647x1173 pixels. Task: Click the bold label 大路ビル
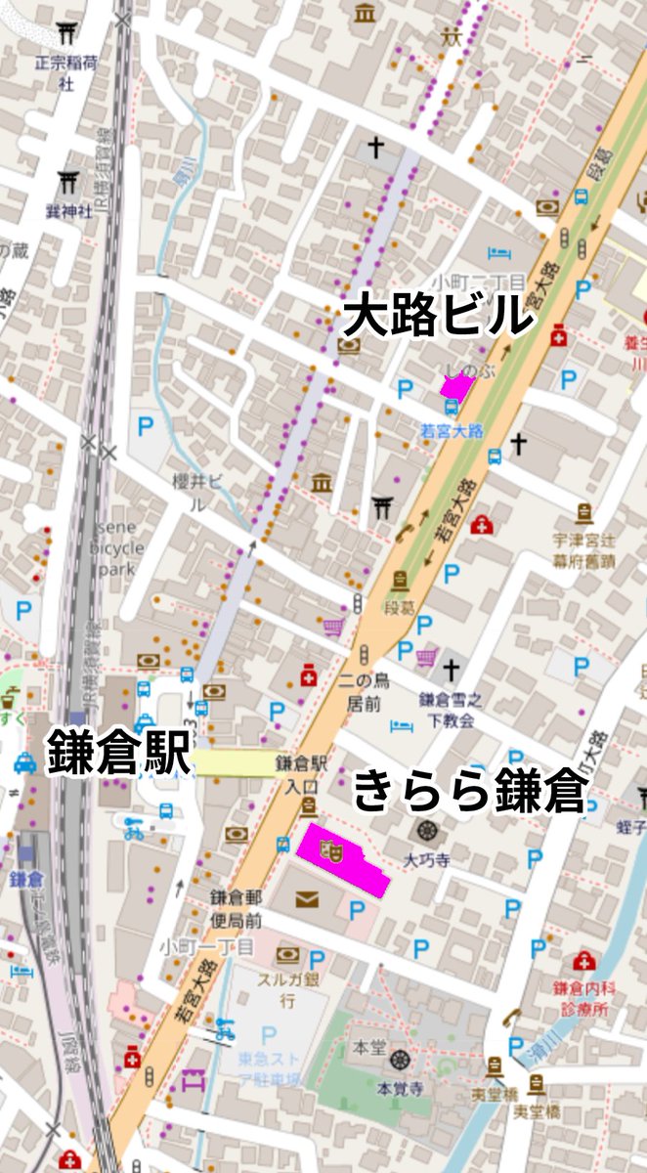[x=438, y=316]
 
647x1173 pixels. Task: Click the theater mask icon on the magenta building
[x=329, y=849]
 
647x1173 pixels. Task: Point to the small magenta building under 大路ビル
[x=455, y=387]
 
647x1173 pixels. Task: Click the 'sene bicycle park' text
[x=117, y=548]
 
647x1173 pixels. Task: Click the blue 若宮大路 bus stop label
[x=452, y=431]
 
